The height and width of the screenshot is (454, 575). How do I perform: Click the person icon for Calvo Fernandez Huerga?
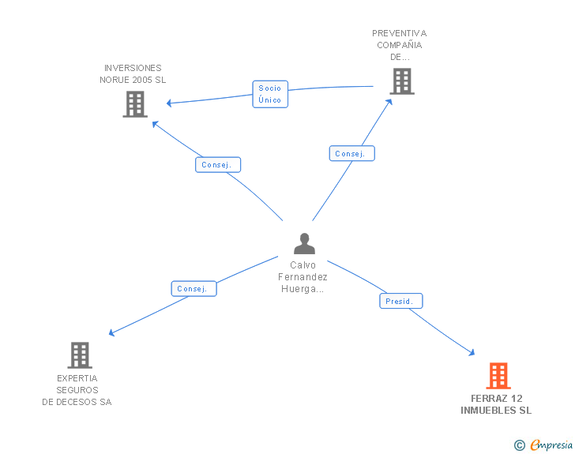pos(304,243)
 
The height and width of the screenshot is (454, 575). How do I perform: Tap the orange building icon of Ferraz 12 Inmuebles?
pos(498,376)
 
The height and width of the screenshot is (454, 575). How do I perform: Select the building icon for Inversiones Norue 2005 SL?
pos(135,104)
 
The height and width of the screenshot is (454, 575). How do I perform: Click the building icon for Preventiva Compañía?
pos(401,81)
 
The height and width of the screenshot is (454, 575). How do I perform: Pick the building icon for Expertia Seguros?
pos(80,355)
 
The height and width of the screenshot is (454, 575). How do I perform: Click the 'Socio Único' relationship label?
pos(269,94)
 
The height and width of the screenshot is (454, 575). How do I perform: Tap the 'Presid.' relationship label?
pos(401,302)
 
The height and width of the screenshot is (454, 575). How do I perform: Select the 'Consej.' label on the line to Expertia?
pos(194,289)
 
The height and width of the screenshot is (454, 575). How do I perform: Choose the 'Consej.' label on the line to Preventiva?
pos(351,154)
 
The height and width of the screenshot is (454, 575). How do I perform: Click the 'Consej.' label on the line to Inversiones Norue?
pos(218,165)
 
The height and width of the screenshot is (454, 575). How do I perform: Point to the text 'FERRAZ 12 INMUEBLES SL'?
pos(496,404)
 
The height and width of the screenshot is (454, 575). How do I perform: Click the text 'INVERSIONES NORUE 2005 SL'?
pos(133,74)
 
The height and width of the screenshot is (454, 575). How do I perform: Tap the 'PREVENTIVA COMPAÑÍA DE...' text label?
pos(399,45)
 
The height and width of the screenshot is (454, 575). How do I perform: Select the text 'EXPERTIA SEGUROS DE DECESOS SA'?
pos(77,390)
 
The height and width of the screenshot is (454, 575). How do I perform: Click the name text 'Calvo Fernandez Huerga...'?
pos(303,277)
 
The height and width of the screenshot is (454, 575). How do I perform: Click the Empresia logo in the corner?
pos(551,445)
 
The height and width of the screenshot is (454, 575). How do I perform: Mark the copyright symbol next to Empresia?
pos(519,446)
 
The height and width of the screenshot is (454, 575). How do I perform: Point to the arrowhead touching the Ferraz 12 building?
pos(472,354)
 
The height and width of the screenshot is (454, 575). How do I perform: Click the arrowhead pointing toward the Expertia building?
pos(112,333)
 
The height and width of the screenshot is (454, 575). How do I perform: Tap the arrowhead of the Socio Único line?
pos(169,103)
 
